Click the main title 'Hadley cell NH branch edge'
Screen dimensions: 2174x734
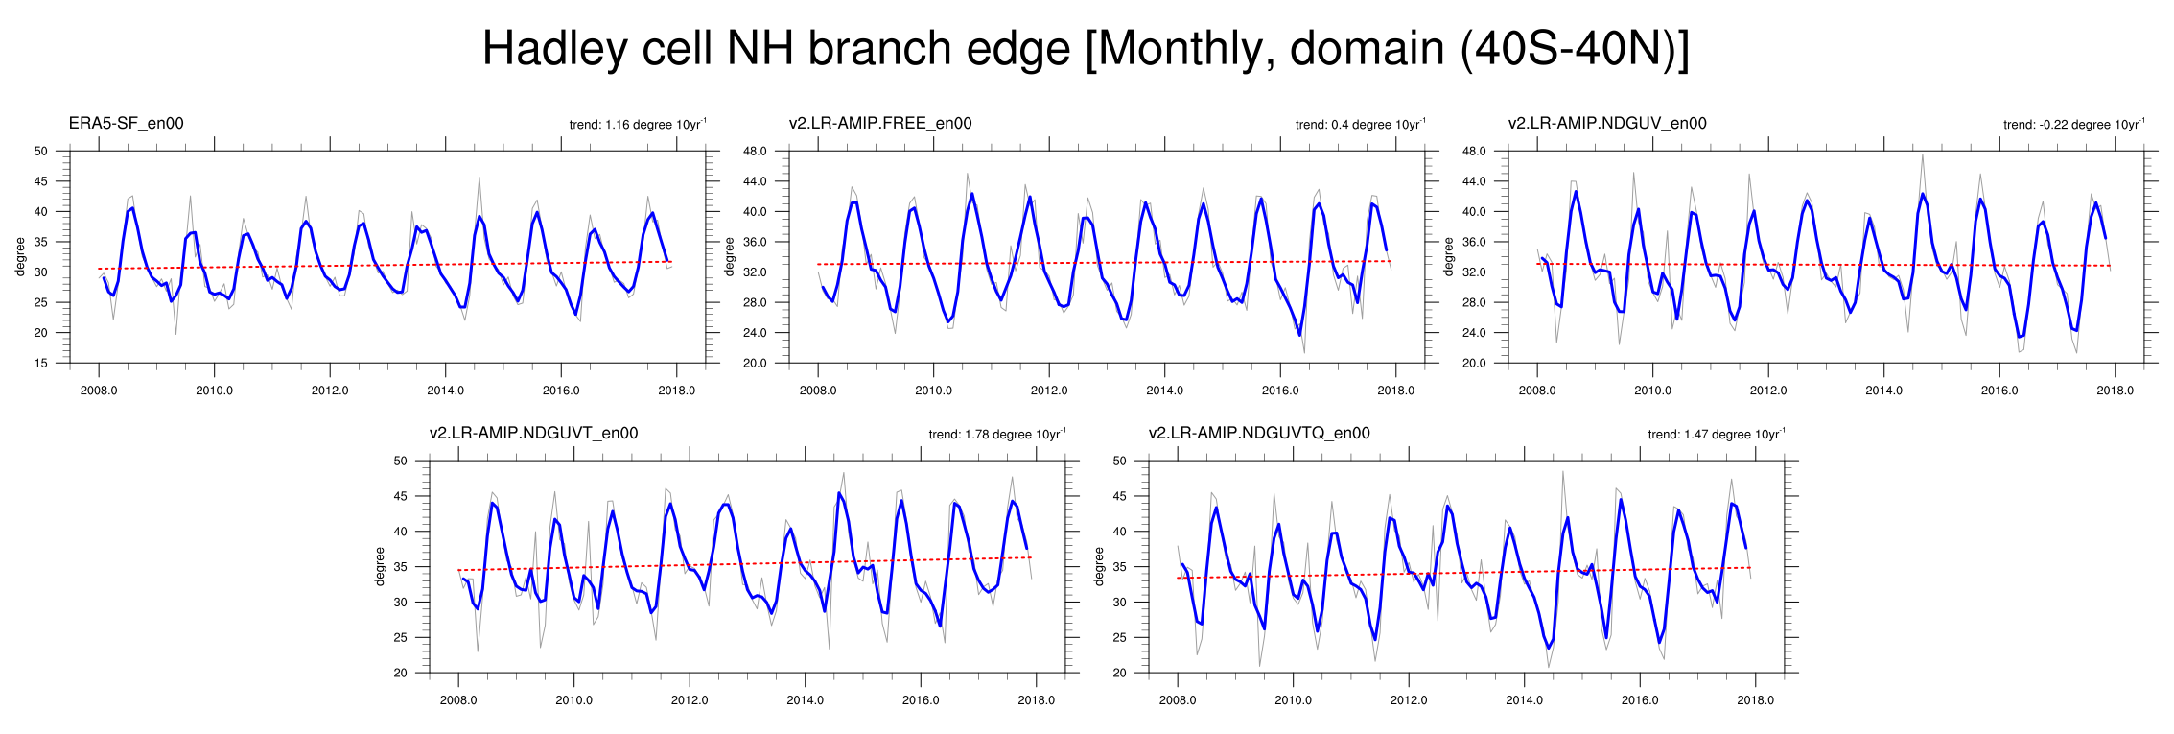click(776, 48)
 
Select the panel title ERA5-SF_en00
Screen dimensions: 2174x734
click(126, 123)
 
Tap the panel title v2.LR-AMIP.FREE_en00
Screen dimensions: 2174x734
click(880, 123)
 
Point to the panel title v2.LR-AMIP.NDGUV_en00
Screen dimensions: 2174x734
click(1607, 123)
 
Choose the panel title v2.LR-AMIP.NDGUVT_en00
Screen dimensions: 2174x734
click(533, 433)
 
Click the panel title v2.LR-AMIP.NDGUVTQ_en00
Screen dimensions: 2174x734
click(1259, 433)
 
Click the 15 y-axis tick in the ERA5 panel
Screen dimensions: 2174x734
click(40, 363)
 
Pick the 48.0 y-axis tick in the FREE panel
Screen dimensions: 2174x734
click(755, 151)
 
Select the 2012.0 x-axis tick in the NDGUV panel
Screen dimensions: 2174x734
click(1768, 391)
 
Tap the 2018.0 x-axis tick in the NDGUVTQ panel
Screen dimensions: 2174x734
click(1756, 700)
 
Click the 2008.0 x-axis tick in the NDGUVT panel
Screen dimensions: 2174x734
click(458, 700)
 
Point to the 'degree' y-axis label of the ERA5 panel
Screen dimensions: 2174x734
click(20, 257)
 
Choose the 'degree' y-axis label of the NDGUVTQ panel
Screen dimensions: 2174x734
click(1099, 567)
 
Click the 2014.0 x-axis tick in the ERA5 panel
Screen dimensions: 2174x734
click(445, 391)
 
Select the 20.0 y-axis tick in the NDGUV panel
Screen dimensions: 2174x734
click(1474, 363)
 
